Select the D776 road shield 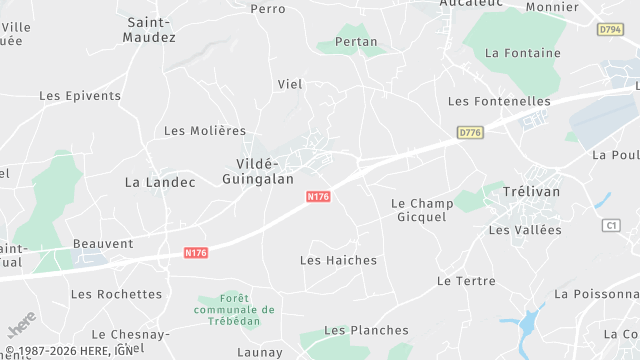(469, 132)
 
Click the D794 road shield (611, 30)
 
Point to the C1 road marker (611, 226)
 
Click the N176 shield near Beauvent (196, 254)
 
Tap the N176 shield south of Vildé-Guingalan (318, 197)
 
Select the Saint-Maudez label (149, 29)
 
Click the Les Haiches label (338, 260)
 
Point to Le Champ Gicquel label (421, 210)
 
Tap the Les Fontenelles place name (499, 101)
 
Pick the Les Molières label (204, 131)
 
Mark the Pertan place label (356, 42)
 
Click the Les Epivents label (80, 96)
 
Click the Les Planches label (366, 330)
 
